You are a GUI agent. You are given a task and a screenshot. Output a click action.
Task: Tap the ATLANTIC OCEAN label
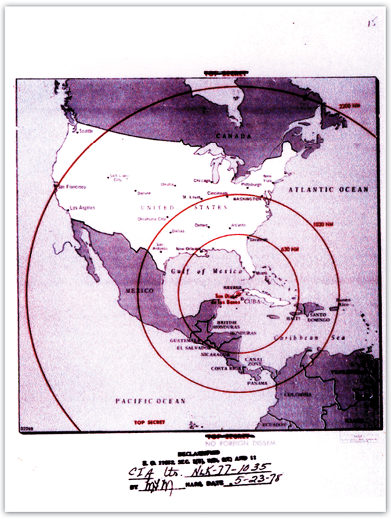329,190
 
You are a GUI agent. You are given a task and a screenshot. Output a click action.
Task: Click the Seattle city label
86,132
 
